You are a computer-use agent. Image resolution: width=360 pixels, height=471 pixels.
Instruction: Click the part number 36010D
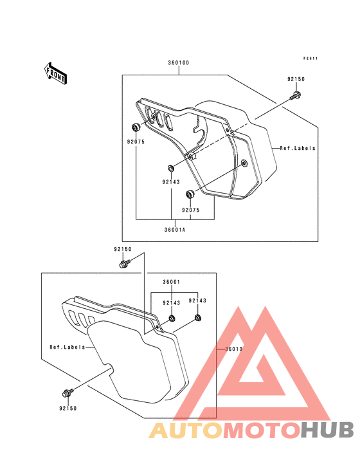pyautogui.click(x=179, y=63)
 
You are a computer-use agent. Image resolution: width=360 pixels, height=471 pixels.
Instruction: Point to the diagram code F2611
pyautogui.click(x=310, y=59)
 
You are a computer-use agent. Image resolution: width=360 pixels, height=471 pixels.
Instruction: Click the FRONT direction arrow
pyautogui.click(x=55, y=73)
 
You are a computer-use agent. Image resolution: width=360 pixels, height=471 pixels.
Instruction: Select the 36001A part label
pyautogui.click(x=175, y=230)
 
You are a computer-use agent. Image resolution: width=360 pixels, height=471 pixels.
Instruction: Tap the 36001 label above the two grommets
pyautogui.click(x=172, y=282)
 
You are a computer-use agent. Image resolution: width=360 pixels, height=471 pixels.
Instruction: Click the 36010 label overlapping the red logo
pyautogui.click(x=234, y=349)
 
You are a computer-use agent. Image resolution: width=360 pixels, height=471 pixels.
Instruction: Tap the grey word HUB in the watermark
pyautogui.click(x=327, y=430)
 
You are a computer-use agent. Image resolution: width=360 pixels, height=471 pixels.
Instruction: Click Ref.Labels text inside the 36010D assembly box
pyautogui.click(x=298, y=148)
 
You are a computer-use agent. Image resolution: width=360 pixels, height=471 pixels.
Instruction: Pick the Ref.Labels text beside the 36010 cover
pyautogui.click(x=67, y=347)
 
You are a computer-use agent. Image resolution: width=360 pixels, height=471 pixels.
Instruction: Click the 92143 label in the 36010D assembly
pyautogui.click(x=171, y=181)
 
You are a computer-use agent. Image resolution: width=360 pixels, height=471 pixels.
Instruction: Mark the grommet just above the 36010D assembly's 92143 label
pyautogui.click(x=171, y=168)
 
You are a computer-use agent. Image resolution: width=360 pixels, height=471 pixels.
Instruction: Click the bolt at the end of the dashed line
pyautogui.click(x=296, y=96)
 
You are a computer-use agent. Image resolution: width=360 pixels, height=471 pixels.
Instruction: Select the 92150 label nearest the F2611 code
pyautogui.click(x=296, y=79)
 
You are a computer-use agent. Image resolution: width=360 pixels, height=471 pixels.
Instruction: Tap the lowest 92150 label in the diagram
pyautogui.click(x=68, y=408)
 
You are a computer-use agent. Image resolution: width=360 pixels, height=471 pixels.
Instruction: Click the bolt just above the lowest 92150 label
pyautogui.click(x=67, y=392)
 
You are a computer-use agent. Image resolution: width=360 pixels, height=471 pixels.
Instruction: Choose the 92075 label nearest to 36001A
pyautogui.click(x=191, y=210)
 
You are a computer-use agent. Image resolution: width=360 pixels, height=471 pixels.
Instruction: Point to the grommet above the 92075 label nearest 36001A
pyautogui.click(x=190, y=194)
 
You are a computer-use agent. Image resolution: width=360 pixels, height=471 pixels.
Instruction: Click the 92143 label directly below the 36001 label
pyautogui.click(x=172, y=303)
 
